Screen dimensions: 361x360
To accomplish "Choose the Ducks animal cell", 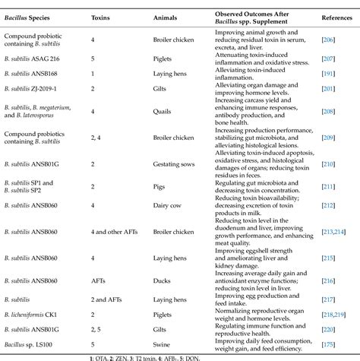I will click(x=163, y=280).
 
